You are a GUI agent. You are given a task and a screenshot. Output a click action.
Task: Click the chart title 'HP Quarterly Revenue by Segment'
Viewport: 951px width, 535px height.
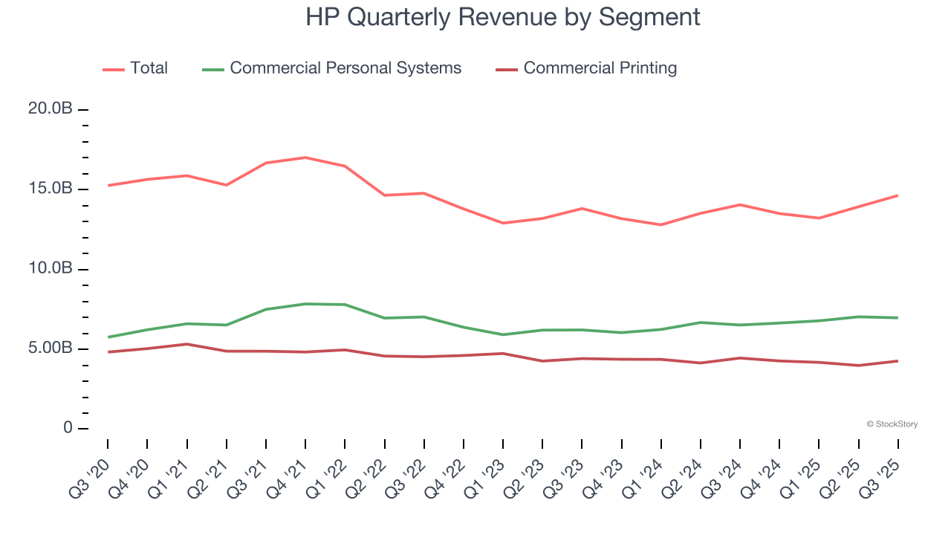coord(502,17)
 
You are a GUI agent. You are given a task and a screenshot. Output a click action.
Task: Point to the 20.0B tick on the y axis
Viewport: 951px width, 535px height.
coord(50,109)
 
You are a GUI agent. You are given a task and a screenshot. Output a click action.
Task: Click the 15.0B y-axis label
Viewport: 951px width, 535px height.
coord(50,189)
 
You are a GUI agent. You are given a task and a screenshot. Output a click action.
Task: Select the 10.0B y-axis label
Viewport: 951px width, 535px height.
coord(50,268)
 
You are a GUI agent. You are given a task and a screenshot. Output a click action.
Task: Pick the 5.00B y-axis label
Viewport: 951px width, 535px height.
coord(50,348)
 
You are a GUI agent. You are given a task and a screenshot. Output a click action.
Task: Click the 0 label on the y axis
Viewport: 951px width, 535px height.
coord(68,428)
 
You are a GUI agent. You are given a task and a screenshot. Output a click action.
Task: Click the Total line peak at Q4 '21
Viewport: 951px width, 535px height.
coord(305,158)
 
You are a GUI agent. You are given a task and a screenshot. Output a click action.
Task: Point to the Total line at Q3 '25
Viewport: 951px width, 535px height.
coord(898,195)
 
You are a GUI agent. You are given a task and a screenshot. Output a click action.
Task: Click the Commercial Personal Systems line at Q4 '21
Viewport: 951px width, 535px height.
coord(305,304)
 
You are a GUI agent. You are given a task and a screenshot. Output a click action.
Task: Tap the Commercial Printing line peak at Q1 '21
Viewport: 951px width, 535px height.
coord(186,344)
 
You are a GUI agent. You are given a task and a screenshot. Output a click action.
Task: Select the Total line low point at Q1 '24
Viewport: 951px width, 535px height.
coord(661,224)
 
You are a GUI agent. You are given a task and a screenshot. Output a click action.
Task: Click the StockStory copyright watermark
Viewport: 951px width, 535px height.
coord(892,424)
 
